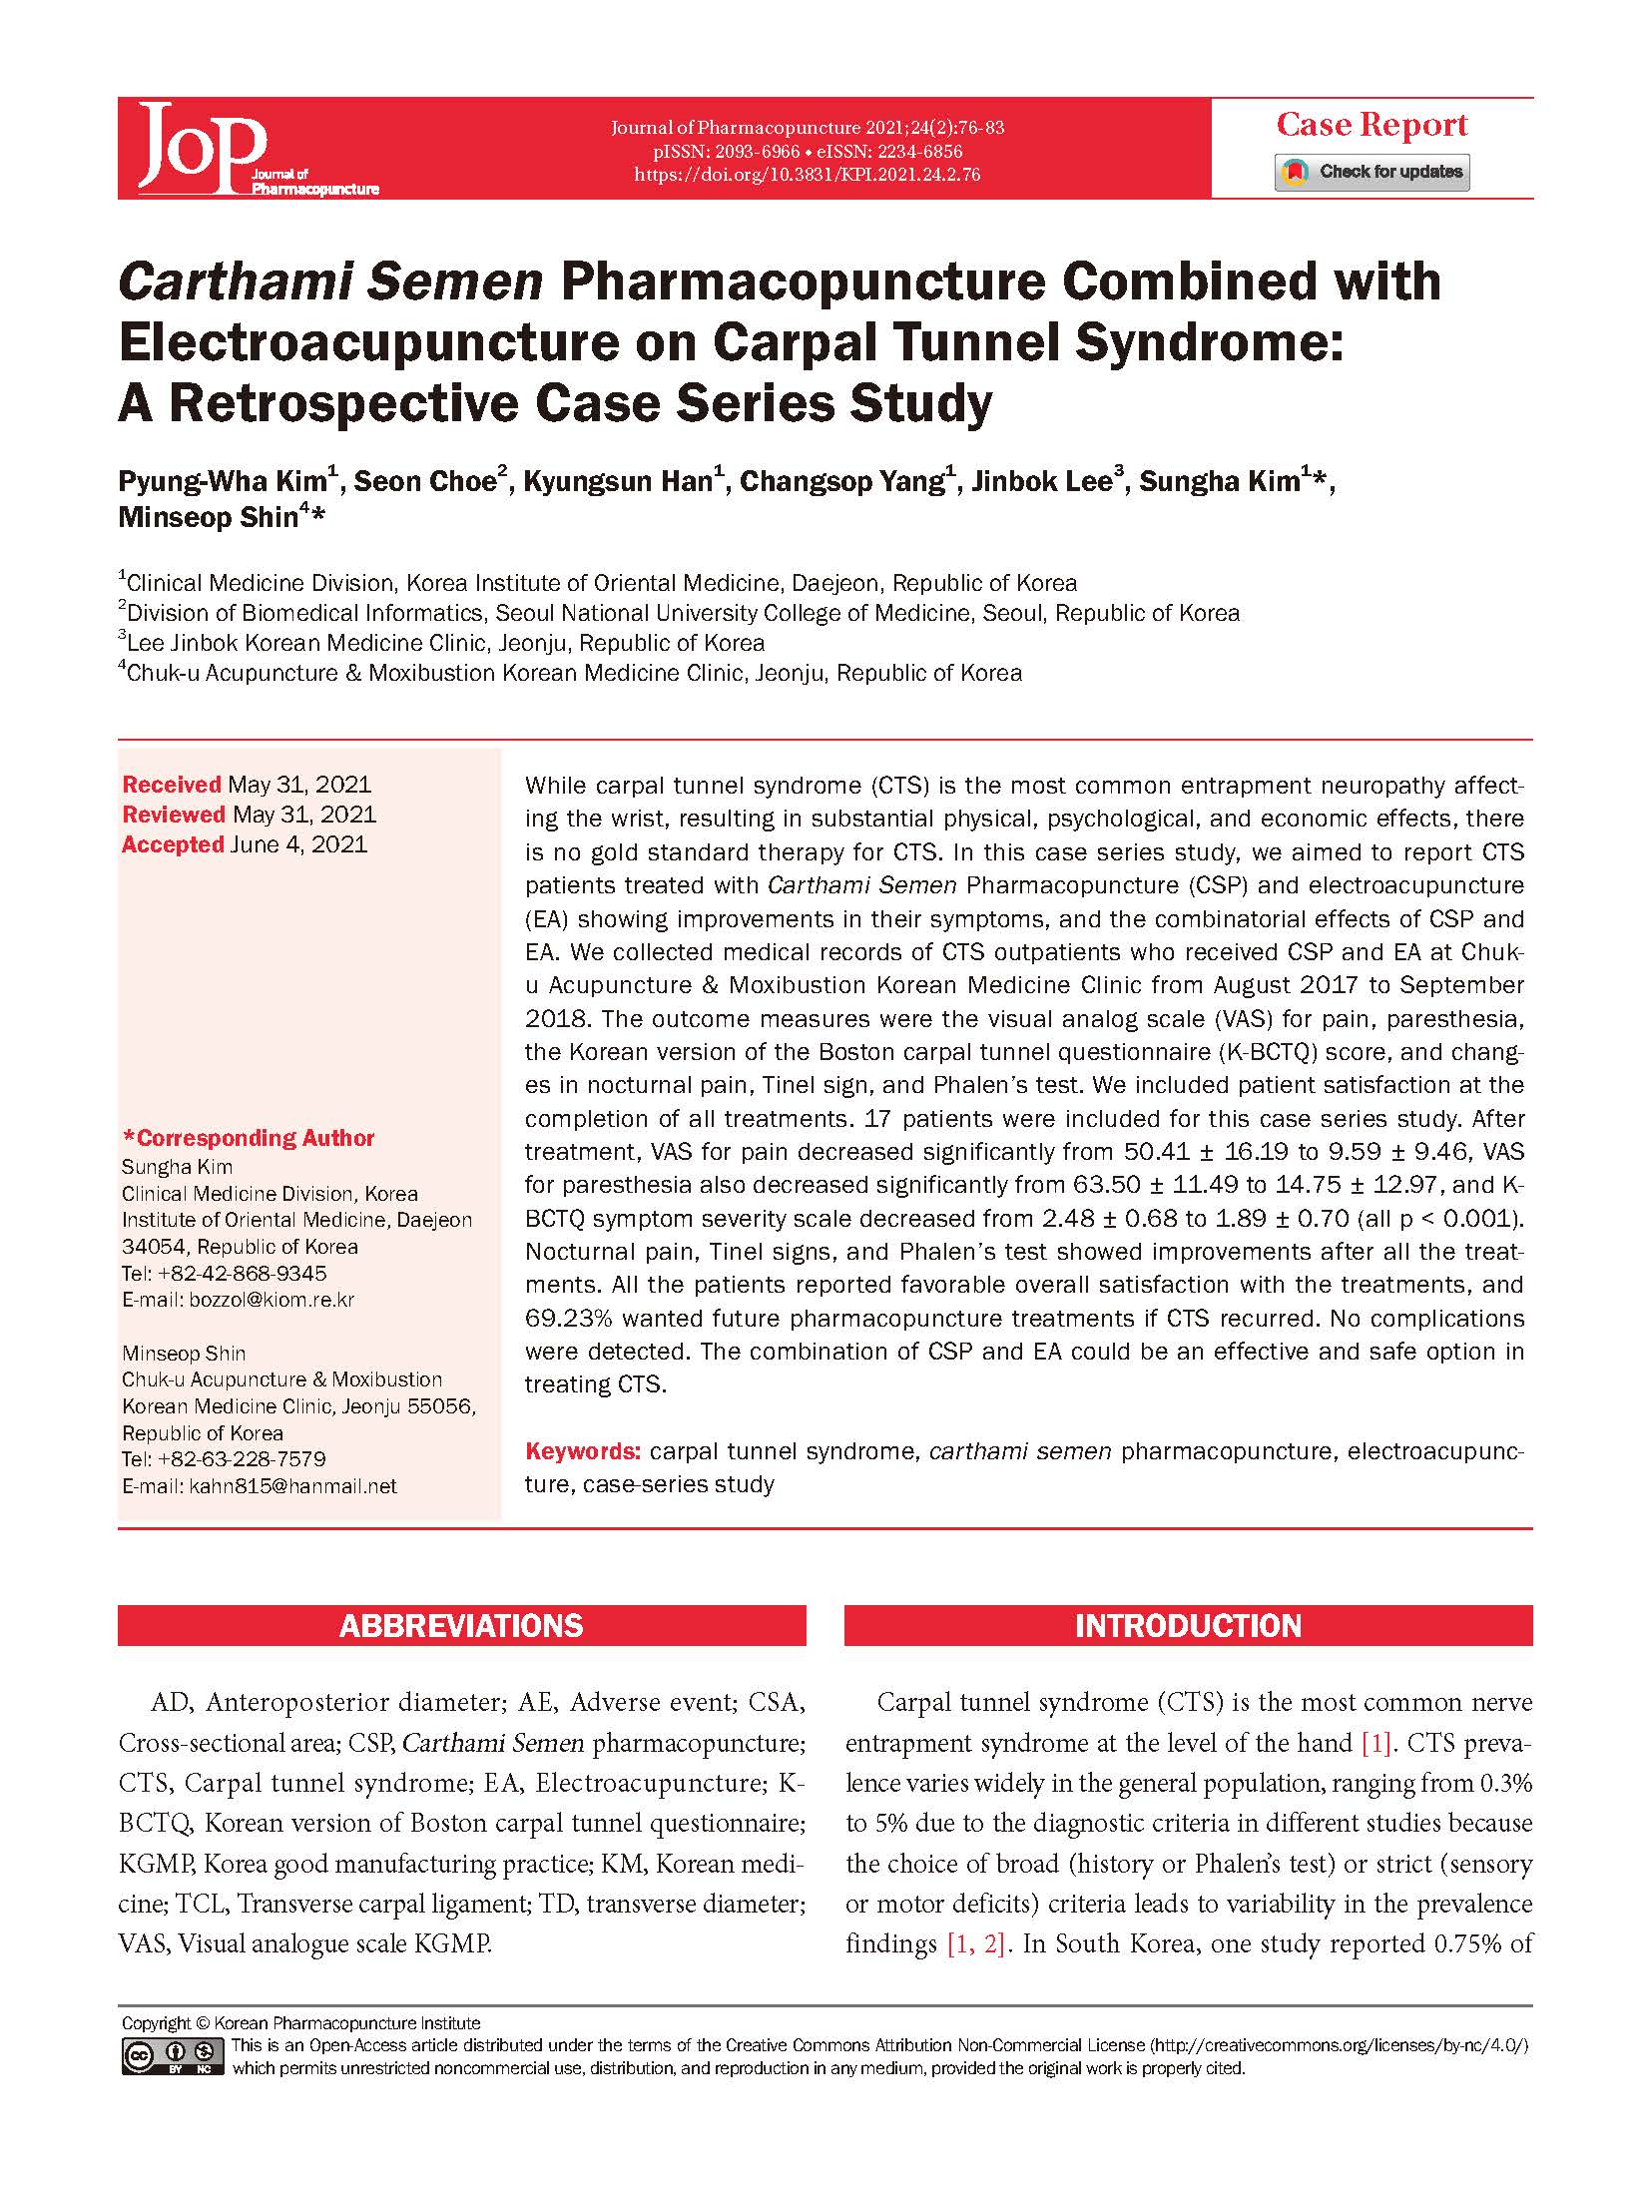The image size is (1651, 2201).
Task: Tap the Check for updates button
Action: point(1372,172)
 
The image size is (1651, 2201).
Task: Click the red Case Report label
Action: point(1372,125)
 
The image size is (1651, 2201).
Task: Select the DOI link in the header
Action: point(807,175)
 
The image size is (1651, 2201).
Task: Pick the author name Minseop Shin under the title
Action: point(209,517)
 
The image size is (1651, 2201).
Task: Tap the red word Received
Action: point(171,785)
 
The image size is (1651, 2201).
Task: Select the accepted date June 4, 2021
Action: point(298,844)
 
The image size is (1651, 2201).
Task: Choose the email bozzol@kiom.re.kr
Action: point(272,1300)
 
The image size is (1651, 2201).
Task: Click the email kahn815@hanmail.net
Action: point(292,1486)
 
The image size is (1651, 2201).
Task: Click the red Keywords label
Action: point(582,1451)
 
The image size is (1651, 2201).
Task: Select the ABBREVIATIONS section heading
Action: point(461,1626)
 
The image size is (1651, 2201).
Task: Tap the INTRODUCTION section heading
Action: point(1188,1626)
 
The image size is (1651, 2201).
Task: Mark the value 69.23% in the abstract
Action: point(568,1319)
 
